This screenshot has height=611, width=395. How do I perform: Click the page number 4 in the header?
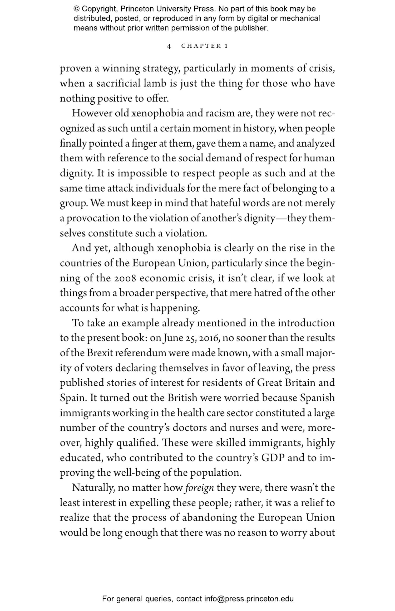[x=169, y=46]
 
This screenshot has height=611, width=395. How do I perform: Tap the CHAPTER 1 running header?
[x=204, y=46]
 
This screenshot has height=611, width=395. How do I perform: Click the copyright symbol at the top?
[x=76, y=9]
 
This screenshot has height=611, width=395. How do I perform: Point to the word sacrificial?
[x=118, y=83]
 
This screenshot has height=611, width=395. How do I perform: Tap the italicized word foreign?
[x=199, y=488]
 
